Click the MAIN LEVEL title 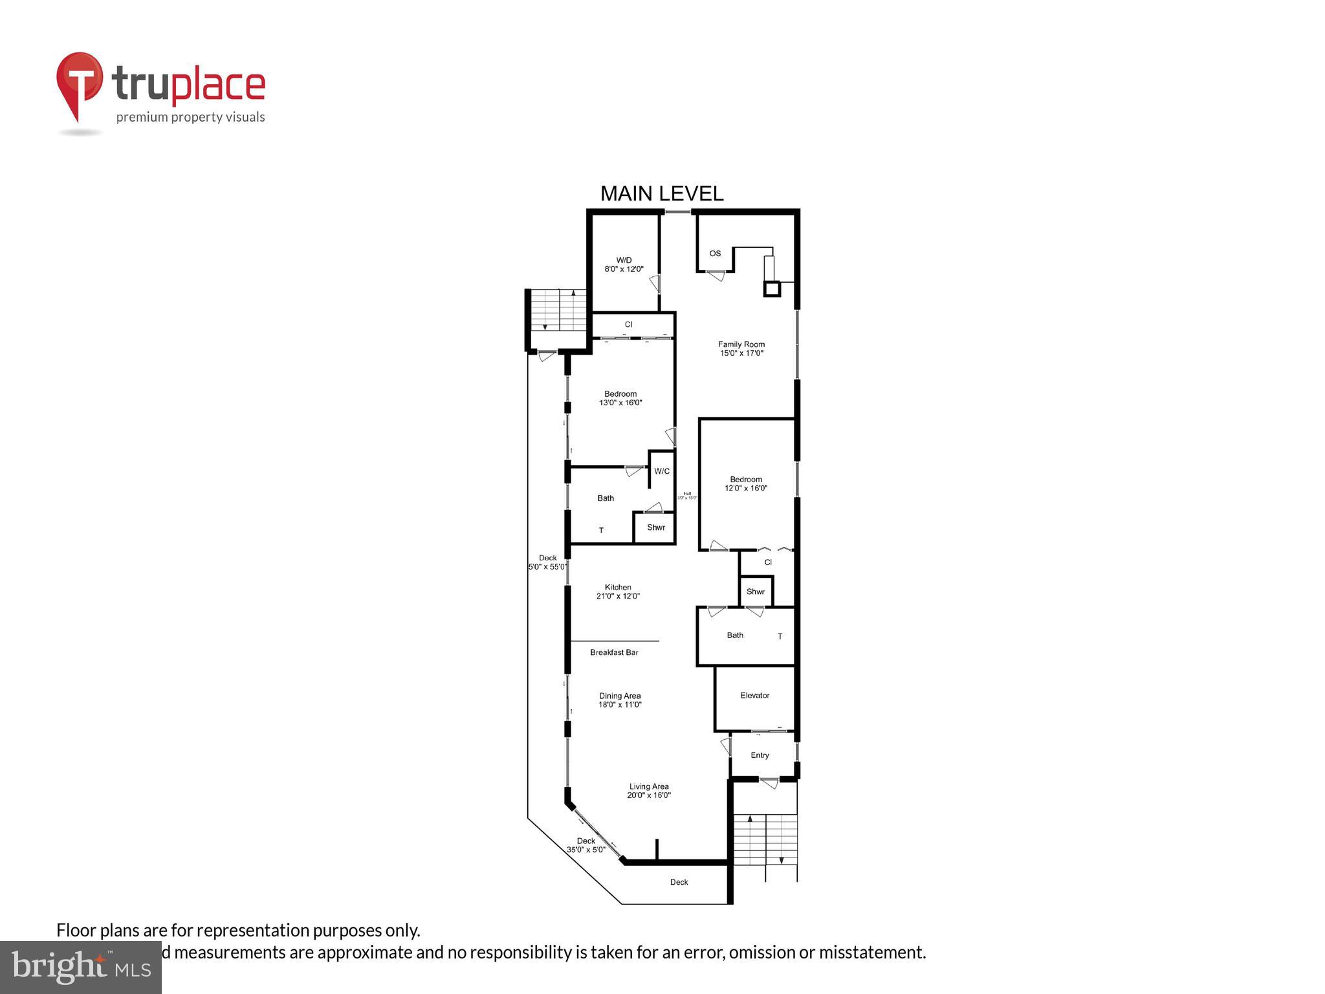(661, 193)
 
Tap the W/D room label (624, 264)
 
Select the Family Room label (741, 349)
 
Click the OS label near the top (715, 253)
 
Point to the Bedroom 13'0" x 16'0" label (620, 398)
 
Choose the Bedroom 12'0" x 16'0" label (746, 484)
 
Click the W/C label (662, 471)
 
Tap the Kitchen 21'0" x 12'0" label (618, 591)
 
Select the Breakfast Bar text (614, 652)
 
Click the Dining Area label (620, 700)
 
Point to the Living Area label (649, 791)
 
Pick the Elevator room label (754, 696)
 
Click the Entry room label (760, 755)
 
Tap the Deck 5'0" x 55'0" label (547, 562)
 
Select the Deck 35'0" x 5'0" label (586, 845)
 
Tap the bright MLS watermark (81, 967)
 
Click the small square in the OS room (772, 289)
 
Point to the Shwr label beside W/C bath (656, 527)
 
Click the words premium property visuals (190, 117)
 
